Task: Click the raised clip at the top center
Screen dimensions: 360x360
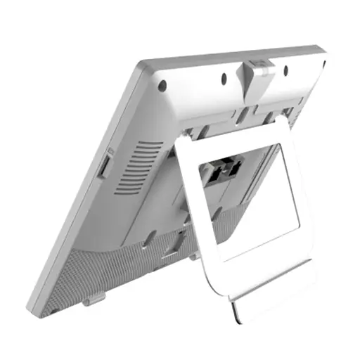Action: (x=258, y=69)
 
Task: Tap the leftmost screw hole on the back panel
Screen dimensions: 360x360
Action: (x=162, y=85)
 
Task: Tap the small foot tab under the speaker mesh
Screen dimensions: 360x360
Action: (x=92, y=298)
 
